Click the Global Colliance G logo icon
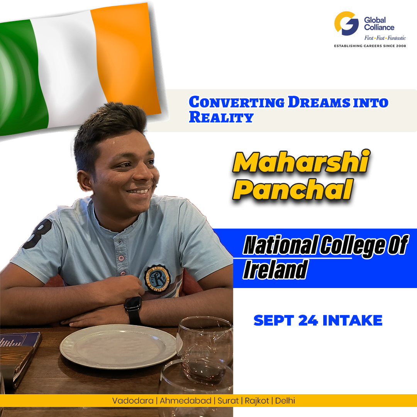coord(346,24)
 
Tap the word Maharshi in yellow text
coord(300,163)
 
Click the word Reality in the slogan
coord(220,117)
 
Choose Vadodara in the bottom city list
coord(132,401)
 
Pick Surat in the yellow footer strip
coord(227,401)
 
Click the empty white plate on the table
coord(118,346)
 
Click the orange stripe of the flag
coord(125,58)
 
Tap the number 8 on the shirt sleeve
coord(38,234)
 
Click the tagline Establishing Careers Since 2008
coord(370,46)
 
